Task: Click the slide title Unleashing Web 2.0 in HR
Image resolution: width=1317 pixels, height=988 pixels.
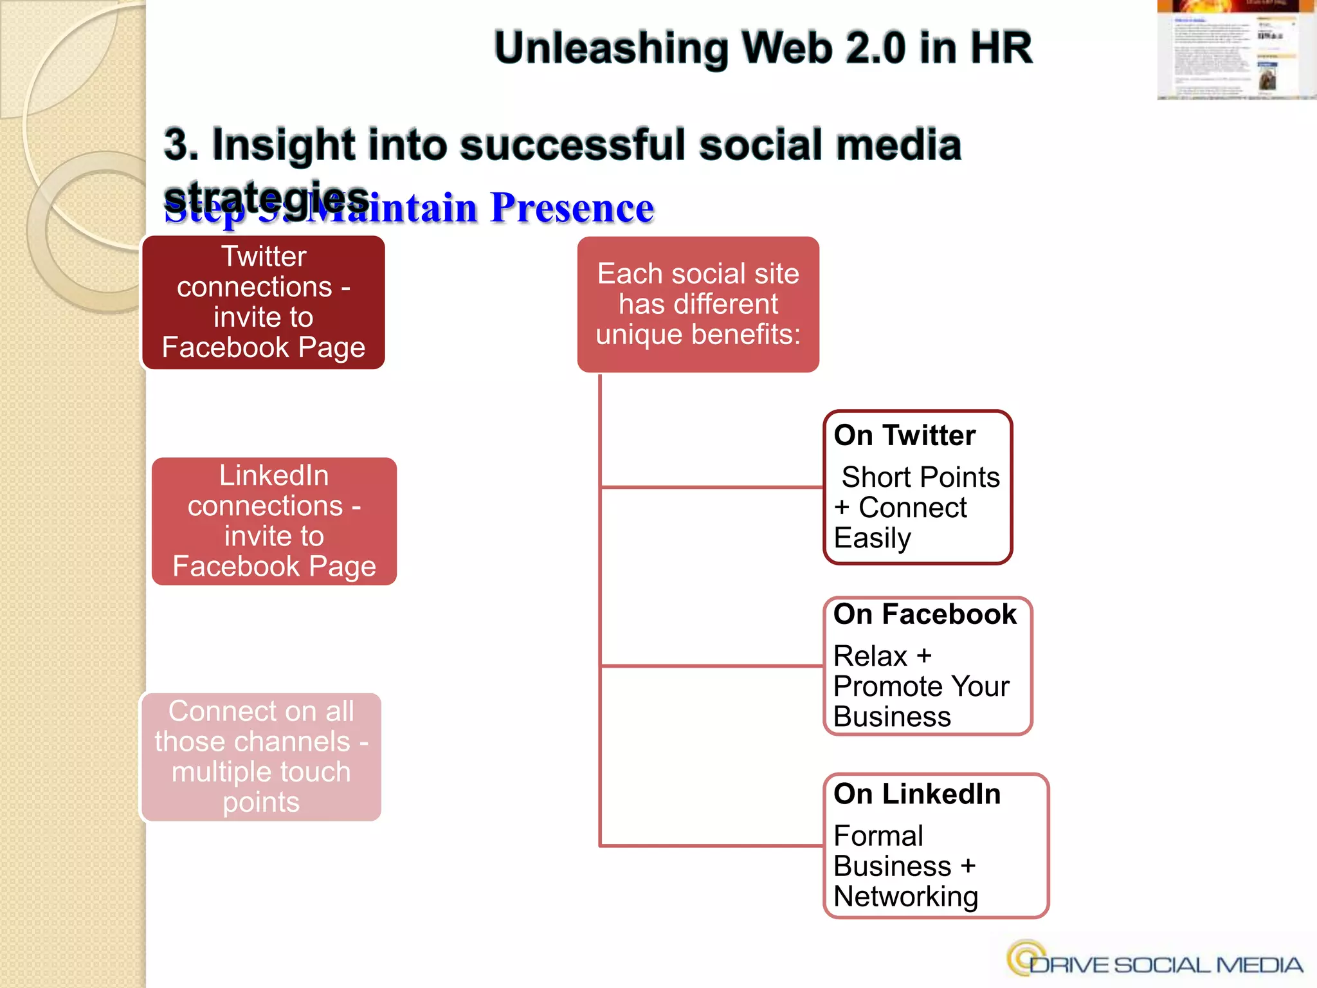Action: (763, 48)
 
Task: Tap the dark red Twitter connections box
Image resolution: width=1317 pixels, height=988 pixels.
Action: (263, 302)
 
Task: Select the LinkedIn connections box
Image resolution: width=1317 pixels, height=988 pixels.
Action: (274, 521)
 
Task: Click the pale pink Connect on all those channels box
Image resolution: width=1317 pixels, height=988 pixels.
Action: (261, 756)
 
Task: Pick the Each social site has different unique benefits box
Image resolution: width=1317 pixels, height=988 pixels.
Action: (698, 304)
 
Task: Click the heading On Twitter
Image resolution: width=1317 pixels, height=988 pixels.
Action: (904, 435)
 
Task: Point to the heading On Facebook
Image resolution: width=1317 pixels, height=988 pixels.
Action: (925, 614)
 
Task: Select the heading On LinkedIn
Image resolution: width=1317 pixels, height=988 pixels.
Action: (917, 794)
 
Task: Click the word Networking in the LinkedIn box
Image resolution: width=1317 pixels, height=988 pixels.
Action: (905, 896)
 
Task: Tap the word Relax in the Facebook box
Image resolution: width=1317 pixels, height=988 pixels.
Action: (870, 656)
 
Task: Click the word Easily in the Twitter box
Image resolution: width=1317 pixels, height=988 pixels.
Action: (872, 538)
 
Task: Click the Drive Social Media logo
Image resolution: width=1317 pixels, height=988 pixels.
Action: (1155, 961)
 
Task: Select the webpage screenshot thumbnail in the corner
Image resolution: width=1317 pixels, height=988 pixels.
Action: (1235, 50)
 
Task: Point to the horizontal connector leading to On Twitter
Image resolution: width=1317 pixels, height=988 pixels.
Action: (711, 488)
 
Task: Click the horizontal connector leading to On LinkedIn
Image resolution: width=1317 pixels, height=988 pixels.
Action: (711, 845)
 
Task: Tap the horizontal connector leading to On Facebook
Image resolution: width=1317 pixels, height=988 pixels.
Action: (711, 666)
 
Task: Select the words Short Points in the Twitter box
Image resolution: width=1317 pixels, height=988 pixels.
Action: (920, 477)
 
